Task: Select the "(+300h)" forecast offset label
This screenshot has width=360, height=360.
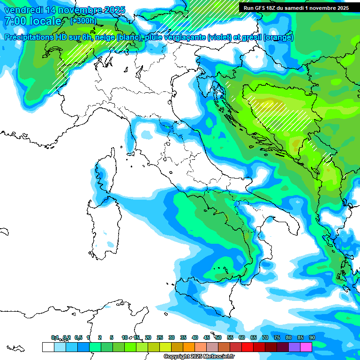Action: (x=83, y=21)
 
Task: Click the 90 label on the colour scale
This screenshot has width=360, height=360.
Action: (x=312, y=337)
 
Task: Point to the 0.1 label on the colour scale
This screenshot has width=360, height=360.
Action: (x=55, y=337)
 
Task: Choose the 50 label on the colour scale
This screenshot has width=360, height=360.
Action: (x=218, y=337)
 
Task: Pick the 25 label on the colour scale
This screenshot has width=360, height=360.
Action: (x=160, y=337)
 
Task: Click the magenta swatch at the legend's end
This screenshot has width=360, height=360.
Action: (x=306, y=347)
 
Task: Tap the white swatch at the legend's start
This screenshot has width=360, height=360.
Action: (x=48, y=347)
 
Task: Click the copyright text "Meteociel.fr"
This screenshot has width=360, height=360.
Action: (x=220, y=357)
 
